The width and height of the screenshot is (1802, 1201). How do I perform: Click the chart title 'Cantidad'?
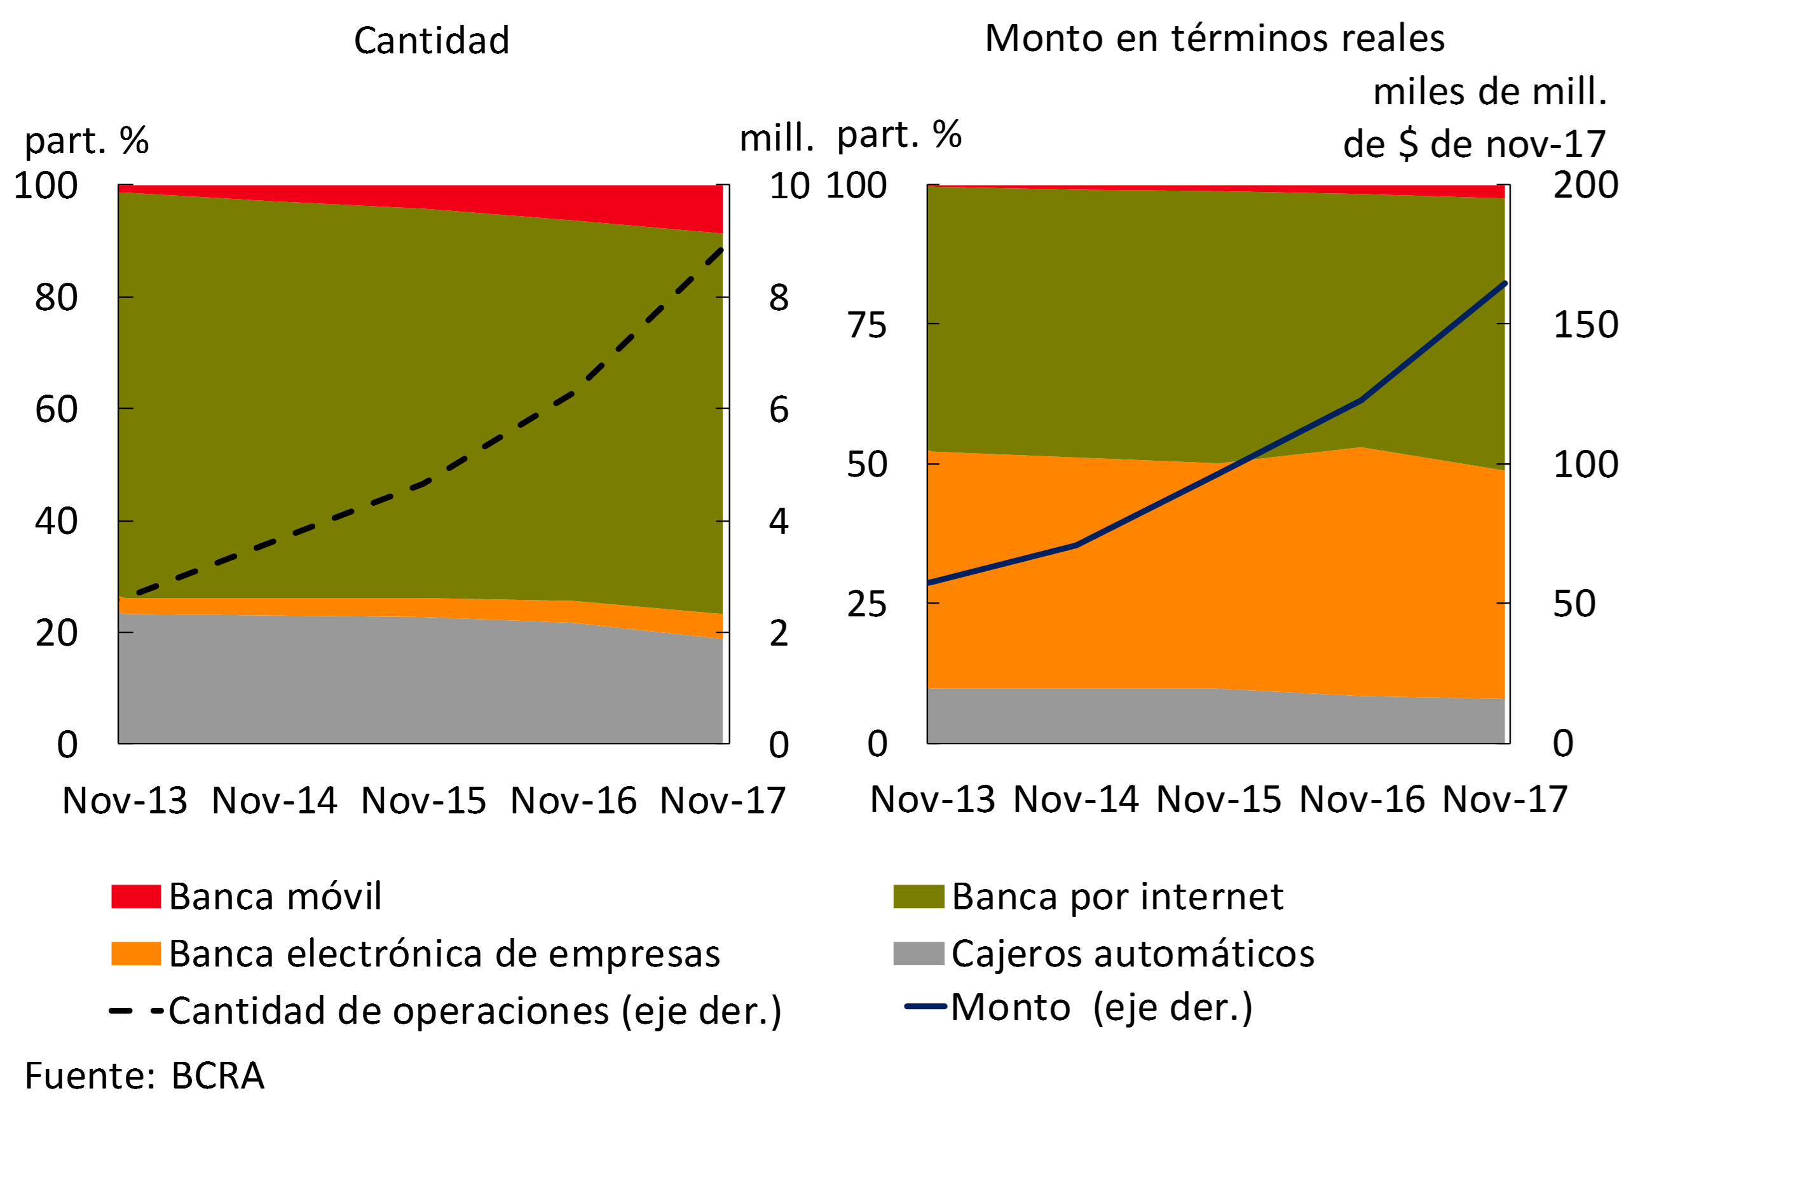tap(432, 41)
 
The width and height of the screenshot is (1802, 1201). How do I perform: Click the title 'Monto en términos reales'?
tap(1214, 38)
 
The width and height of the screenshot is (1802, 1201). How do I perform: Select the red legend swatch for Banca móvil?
tap(135, 896)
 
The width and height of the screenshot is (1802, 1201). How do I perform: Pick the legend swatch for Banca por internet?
tap(918, 896)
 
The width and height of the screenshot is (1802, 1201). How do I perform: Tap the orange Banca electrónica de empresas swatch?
tap(135, 954)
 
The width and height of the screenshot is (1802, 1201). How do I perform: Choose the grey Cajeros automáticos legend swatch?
tap(918, 954)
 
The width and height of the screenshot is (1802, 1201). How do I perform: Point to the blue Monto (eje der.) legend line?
tap(925, 1007)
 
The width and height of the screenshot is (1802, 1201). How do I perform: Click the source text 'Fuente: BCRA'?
tap(144, 1076)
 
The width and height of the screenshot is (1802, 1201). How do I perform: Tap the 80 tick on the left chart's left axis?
tap(56, 297)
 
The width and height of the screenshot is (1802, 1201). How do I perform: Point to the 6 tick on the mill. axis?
tap(779, 409)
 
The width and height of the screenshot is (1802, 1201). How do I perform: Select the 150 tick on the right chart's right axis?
tap(1585, 324)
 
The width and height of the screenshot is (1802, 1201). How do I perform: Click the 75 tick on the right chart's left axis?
tap(866, 325)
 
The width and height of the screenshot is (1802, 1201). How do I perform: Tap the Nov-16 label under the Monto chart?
tap(1362, 799)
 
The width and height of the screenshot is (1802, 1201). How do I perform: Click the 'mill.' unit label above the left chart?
tap(775, 139)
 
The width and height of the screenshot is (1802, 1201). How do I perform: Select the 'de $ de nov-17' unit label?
tap(1474, 144)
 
